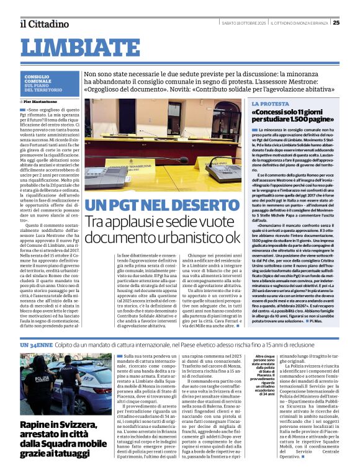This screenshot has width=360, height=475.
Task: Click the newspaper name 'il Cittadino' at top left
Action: [x=43, y=24]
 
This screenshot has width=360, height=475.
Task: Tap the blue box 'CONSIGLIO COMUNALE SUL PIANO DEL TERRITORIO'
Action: [x=50, y=82]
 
